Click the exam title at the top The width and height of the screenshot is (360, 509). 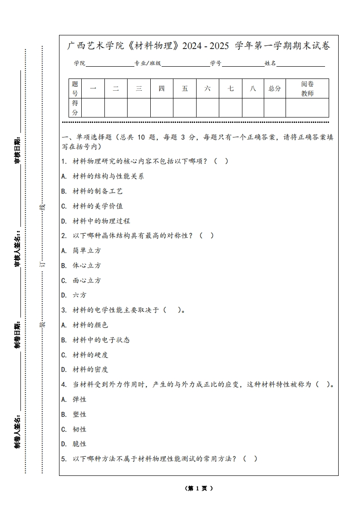click(x=198, y=46)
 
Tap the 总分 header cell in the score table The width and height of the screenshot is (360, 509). click(x=275, y=88)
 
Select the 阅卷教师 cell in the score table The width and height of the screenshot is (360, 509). click(x=307, y=88)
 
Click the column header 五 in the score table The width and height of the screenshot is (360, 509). click(x=185, y=88)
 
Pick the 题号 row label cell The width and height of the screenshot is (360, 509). click(x=75, y=88)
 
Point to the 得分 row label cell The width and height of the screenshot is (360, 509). click(x=75, y=108)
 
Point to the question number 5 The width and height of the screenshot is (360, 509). click(x=64, y=459)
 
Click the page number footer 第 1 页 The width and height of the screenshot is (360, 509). click(x=198, y=488)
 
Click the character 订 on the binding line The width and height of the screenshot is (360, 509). click(x=43, y=263)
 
